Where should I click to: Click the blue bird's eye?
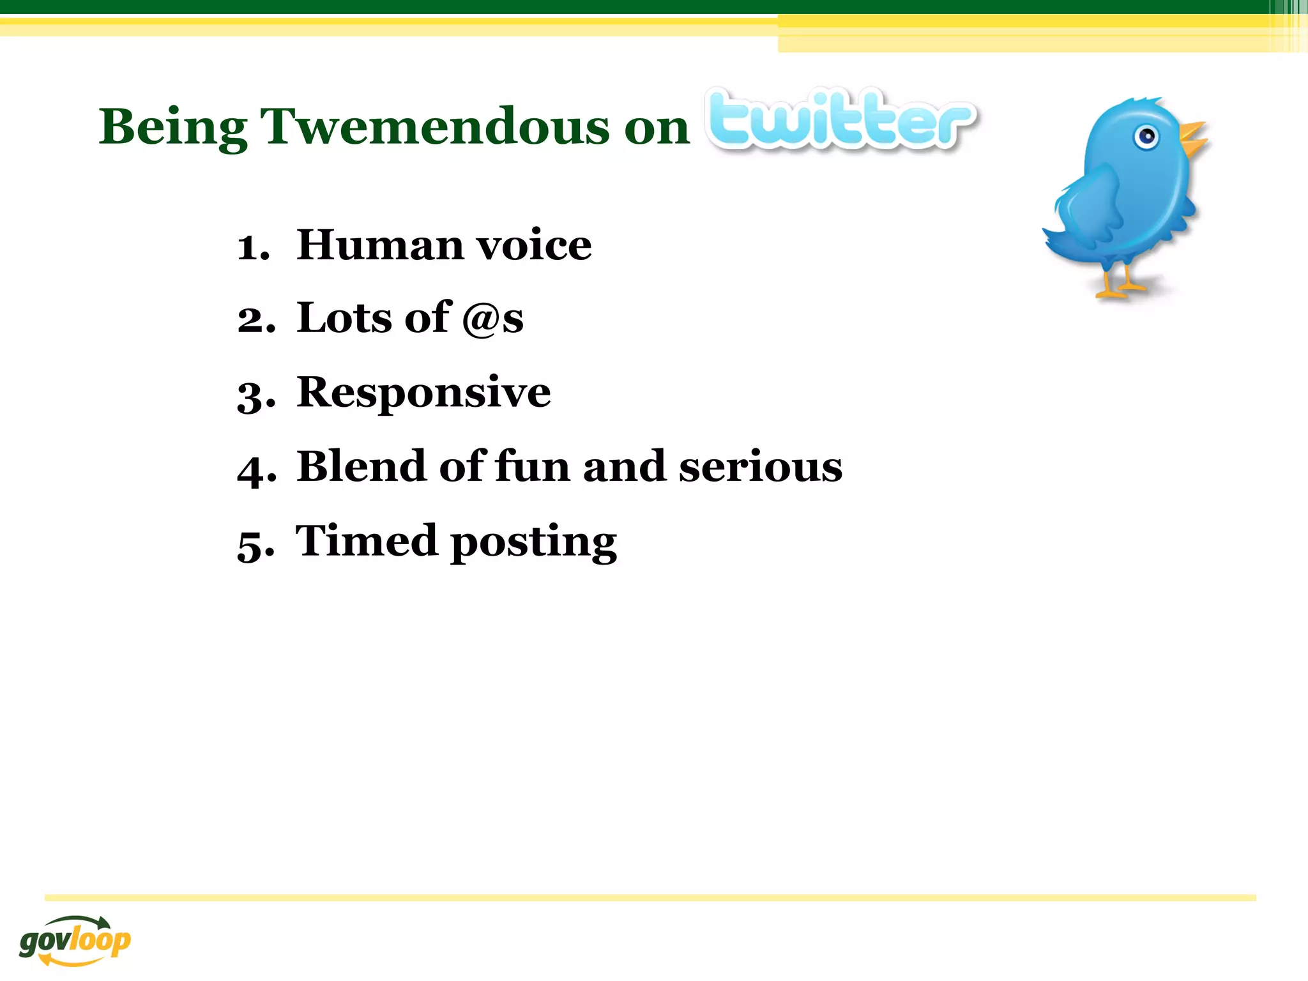(x=1147, y=137)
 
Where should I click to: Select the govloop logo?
(x=75, y=939)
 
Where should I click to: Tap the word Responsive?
(x=423, y=392)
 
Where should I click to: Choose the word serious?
(x=761, y=467)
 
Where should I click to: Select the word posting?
(x=534, y=543)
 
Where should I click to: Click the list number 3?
(x=255, y=395)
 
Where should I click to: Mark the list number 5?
(x=255, y=545)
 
